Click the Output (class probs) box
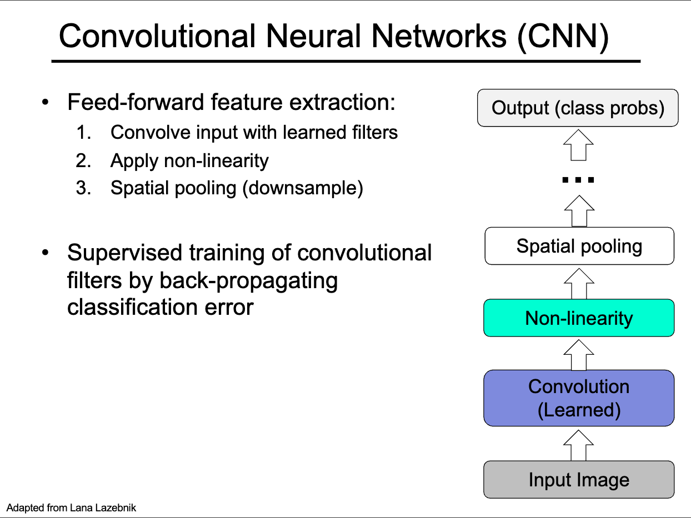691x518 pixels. pos(578,108)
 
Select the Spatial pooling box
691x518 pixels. pos(579,246)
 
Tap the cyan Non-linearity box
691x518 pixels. pos(579,318)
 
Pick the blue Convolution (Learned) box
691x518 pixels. pos(579,398)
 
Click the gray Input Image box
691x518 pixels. pos(579,480)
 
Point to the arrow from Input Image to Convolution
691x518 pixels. pos(579,444)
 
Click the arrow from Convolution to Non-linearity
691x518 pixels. pos(579,354)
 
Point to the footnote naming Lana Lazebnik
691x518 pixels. pos(71,507)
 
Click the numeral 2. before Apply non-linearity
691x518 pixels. pos(83,161)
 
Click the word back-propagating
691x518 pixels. pos(248,280)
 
